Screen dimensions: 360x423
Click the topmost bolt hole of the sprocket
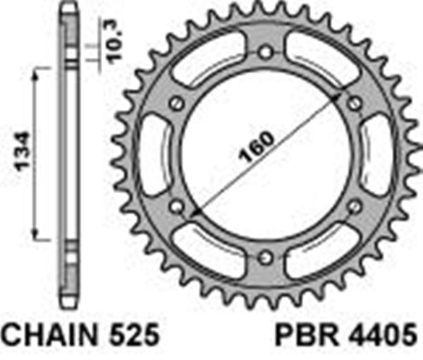pos(265,52)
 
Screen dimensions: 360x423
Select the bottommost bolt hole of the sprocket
pos(265,257)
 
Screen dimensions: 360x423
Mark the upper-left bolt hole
pos(178,104)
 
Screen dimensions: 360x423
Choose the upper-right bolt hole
pos(354,104)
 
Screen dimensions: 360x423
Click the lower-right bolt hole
pos(354,206)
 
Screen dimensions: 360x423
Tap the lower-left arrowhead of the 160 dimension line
pos(195,211)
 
